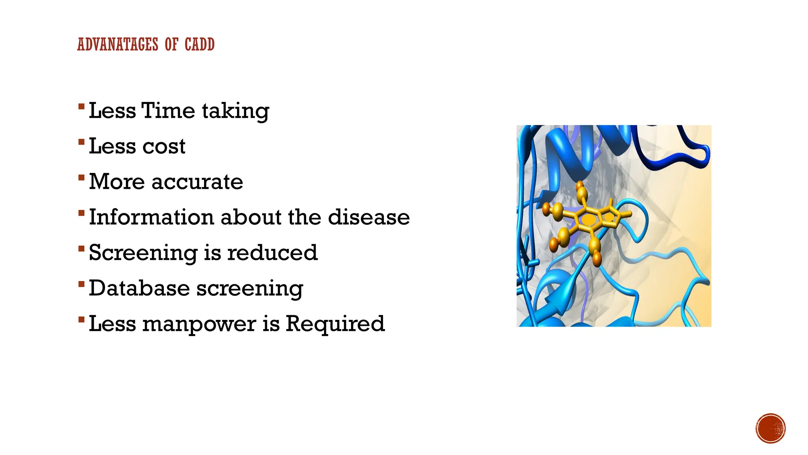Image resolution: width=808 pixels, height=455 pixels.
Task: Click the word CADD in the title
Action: (199, 44)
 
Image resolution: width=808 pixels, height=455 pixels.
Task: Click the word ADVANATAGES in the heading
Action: (118, 44)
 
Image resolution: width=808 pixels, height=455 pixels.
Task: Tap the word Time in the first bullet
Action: (168, 111)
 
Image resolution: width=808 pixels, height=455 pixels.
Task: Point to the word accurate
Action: (197, 182)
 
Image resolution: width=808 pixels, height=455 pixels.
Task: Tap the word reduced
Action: (272, 253)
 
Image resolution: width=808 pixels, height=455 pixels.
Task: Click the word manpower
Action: (199, 324)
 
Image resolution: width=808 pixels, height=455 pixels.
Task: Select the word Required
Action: (335, 324)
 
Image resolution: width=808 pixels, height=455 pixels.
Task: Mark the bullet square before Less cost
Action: (81, 142)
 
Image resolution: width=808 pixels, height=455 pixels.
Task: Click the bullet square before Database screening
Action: (81, 284)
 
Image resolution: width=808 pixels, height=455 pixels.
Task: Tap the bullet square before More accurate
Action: (81, 177)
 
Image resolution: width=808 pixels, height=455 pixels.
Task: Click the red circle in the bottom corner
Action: (771, 428)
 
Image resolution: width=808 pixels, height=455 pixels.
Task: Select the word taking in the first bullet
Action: (236, 111)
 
